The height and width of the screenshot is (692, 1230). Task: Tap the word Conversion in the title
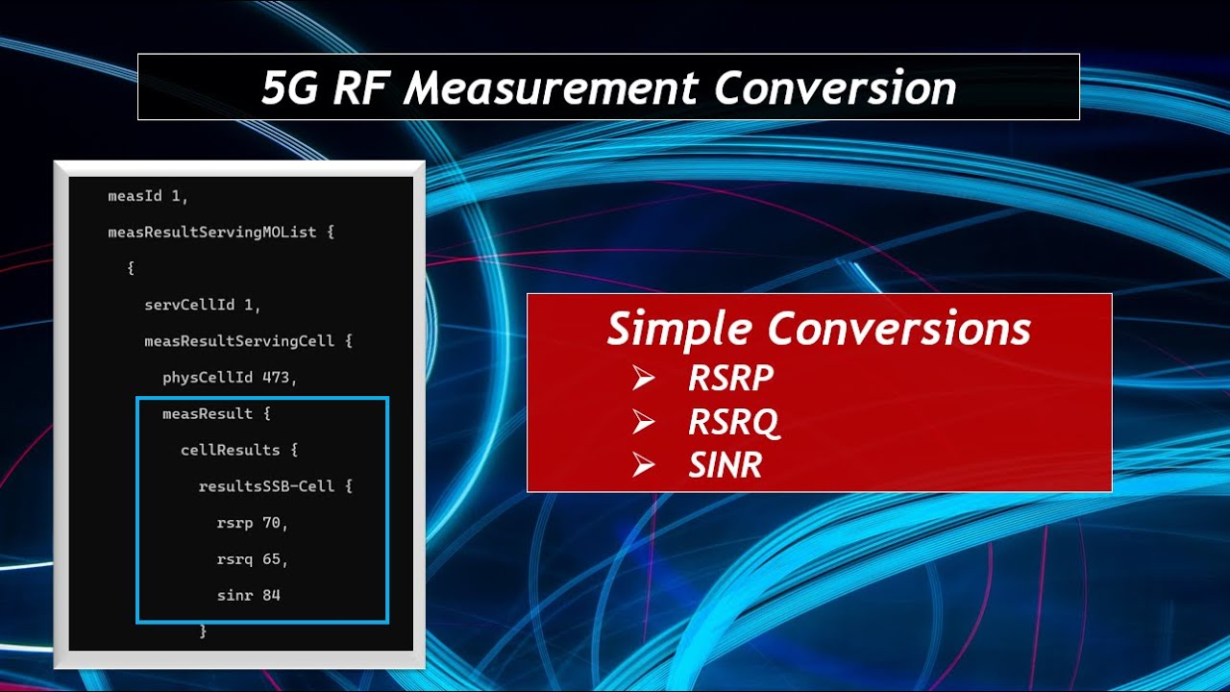[835, 88]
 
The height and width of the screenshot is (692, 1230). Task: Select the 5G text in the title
[290, 88]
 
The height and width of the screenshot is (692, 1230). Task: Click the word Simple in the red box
[678, 330]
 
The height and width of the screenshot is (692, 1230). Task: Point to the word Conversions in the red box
[898, 330]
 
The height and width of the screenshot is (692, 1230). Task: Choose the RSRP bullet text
[730, 379]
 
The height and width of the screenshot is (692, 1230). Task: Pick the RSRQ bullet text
[734, 423]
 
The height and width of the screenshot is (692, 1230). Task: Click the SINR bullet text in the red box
[726, 466]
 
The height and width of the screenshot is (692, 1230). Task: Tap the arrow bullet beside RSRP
[644, 379]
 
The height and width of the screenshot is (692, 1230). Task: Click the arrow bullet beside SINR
[644, 466]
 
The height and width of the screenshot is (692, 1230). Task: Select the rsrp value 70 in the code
[275, 523]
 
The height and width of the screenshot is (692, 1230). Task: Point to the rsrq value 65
[275, 559]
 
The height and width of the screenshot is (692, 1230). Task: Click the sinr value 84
[271, 596]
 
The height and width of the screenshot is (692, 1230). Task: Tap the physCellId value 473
[280, 378]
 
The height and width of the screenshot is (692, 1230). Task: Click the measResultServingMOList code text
[212, 233]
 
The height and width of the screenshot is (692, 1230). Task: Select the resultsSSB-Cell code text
[266, 486]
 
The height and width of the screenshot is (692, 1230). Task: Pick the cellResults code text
[231, 450]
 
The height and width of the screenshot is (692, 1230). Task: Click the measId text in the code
[135, 196]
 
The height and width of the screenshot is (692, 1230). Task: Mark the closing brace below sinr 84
[203, 631]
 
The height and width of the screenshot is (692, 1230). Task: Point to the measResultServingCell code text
[239, 341]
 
